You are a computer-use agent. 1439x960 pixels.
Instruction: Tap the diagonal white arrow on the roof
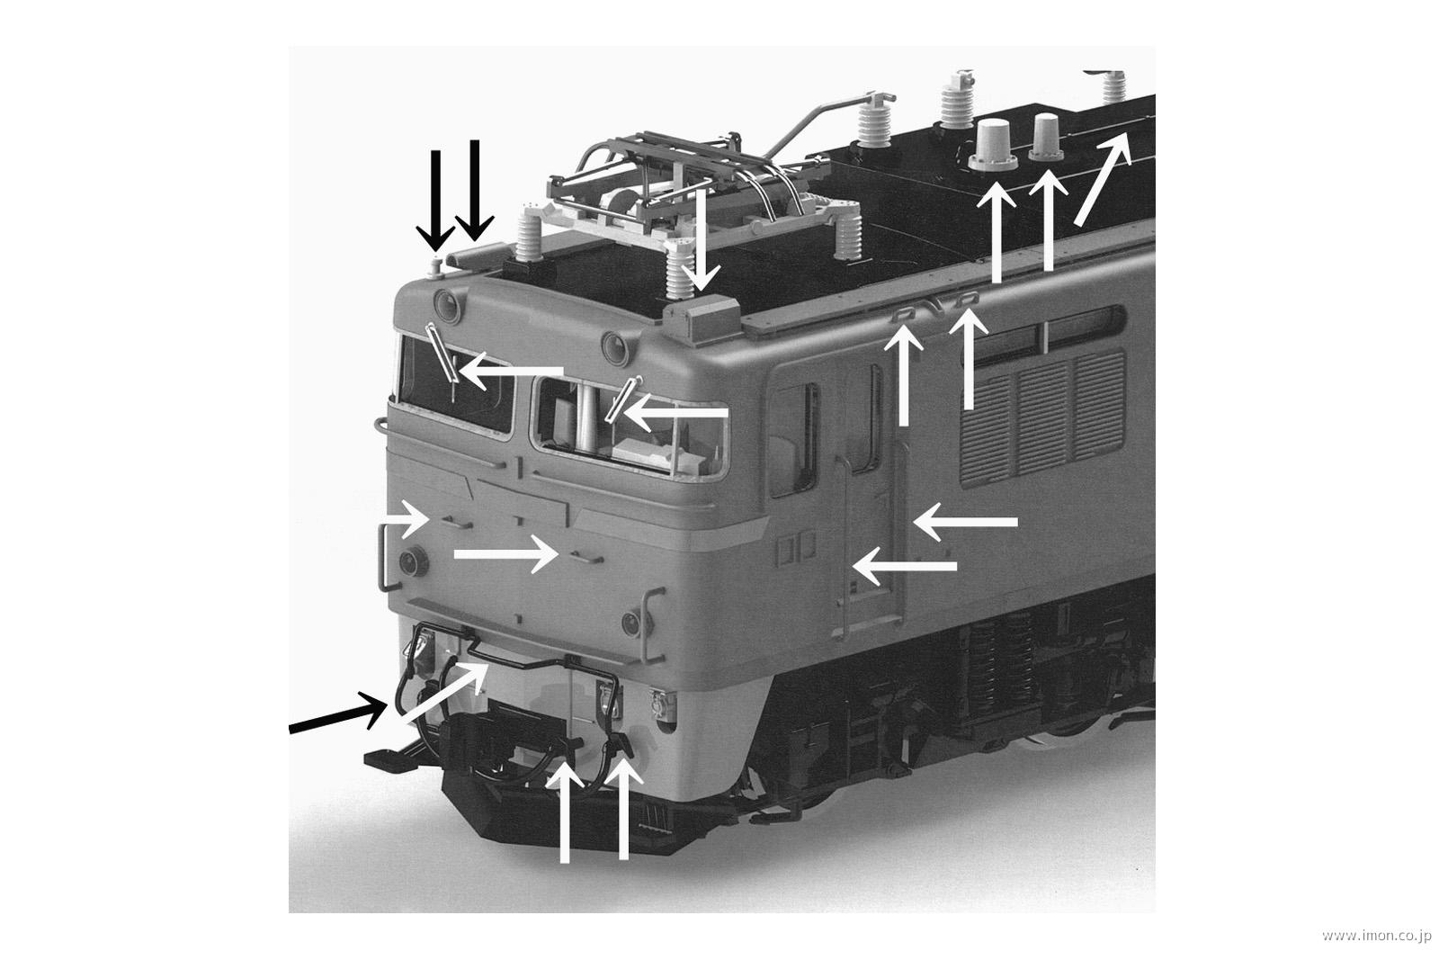pyautogui.click(x=1102, y=176)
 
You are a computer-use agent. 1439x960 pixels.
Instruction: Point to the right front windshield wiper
pyautogui.click(x=622, y=399)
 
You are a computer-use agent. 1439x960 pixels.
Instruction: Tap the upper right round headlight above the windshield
pyautogui.click(x=614, y=343)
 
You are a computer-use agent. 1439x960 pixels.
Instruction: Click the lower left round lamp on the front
pyautogui.click(x=414, y=561)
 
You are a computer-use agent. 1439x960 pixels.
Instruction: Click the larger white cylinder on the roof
pyautogui.click(x=995, y=142)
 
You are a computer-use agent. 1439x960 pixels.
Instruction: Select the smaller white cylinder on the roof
pyautogui.click(x=1047, y=135)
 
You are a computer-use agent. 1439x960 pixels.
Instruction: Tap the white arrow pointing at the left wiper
pyautogui.click(x=513, y=371)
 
